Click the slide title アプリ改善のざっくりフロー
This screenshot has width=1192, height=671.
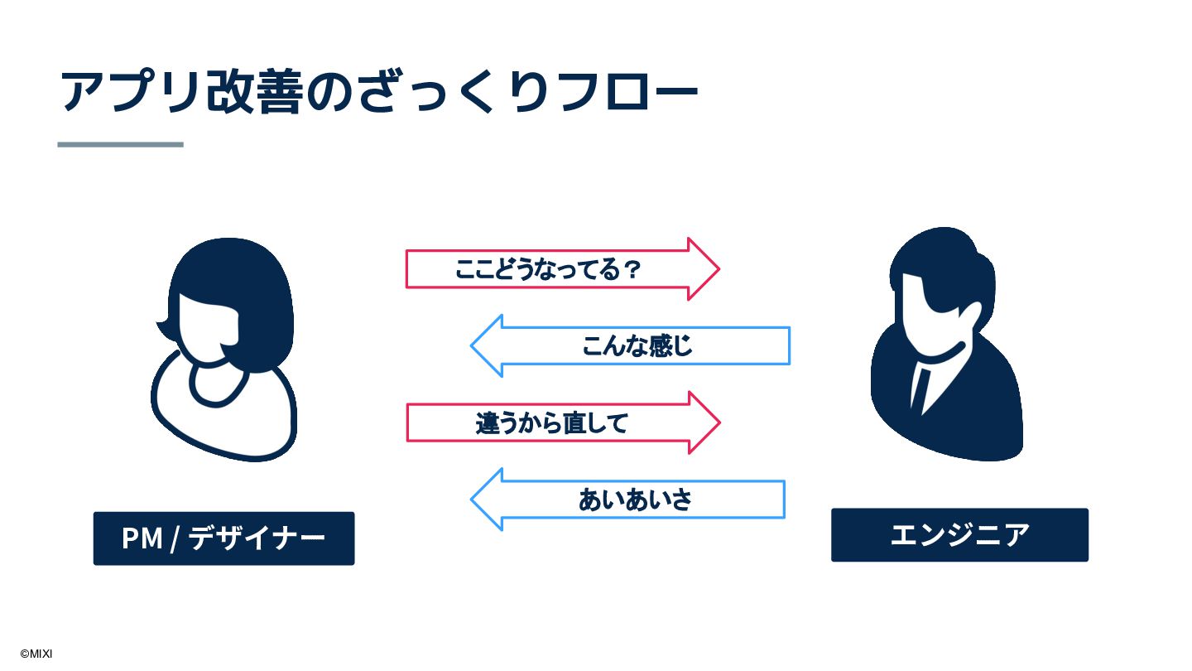coord(379,91)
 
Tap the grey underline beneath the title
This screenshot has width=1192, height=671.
coord(121,144)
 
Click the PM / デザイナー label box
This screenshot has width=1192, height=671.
coord(223,538)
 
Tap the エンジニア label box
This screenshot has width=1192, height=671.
coord(959,535)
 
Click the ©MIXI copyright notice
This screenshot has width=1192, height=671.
coord(36,654)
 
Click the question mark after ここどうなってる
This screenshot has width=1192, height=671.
coord(632,269)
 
